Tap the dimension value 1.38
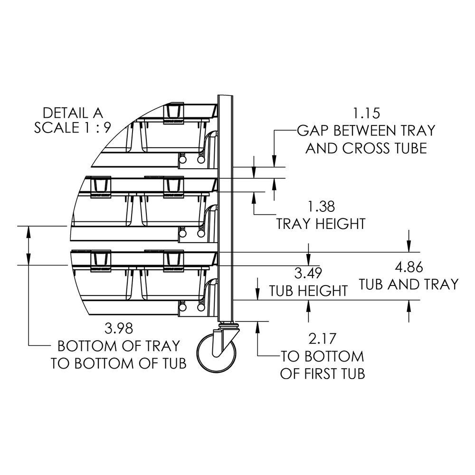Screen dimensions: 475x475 [x=321, y=207]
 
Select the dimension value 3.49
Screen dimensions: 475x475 [x=308, y=273]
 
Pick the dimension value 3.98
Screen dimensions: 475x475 [x=118, y=328]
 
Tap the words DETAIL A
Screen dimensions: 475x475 [x=72, y=113]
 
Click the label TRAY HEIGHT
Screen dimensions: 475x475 [x=321, y=223]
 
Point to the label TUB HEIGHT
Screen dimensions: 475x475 [x=308, y=290]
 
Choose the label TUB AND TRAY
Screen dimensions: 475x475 [x=408, y=284]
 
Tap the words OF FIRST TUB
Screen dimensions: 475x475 [x=322, y=373]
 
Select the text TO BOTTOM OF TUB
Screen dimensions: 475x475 [x=118, y=363]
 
